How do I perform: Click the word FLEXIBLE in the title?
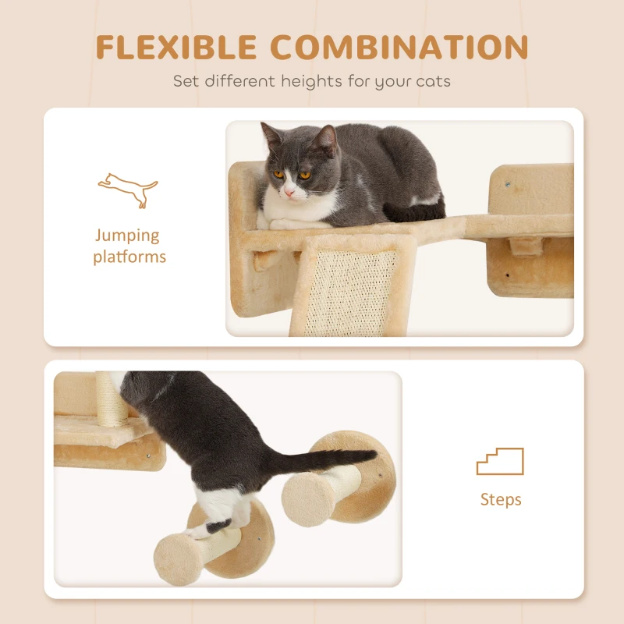(x=176, y=48)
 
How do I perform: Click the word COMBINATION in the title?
(x=399, y=48)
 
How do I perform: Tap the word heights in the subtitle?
(x=311, y=82)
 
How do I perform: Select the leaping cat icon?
(x=128, y=190)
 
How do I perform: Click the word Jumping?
(x=127, y=236)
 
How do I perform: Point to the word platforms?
(x=129, y=257)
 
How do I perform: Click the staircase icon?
(x=500, y=461)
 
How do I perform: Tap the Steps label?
(x=501, y=499)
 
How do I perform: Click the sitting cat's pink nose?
(x=289, y=193)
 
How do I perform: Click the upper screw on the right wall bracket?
(x=508, y=184)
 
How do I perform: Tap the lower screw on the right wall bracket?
(x=507, y=275)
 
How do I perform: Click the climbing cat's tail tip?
(x=371, y=454)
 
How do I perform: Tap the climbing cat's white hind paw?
(x=199, y=530)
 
